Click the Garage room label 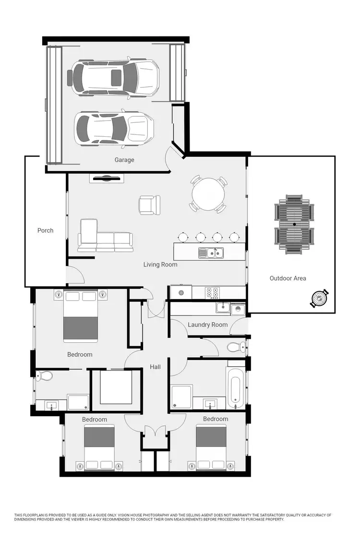click(124, 160)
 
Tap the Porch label click(46, 230)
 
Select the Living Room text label click(160, 264)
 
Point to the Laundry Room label click(207, 324)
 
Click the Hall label click(155, 367)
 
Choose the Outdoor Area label click(288, 278)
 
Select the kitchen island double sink click(211, 252)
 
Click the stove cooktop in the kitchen click(212, 292)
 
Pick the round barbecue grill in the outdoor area click(319, 300)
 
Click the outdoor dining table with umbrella click(294, 224)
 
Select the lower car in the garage click(114, 128)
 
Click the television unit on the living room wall click(107, 179)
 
